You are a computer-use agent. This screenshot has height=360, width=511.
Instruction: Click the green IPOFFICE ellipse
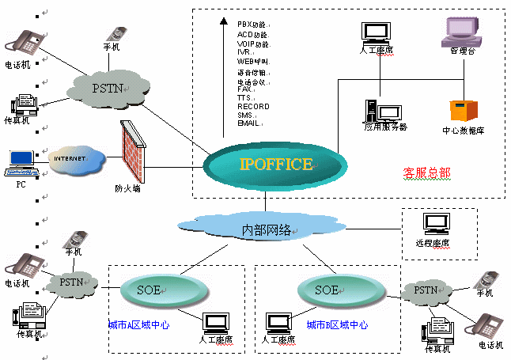[x=275, y=165]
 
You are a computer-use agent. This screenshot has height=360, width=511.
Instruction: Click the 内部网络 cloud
[x=267, y=229]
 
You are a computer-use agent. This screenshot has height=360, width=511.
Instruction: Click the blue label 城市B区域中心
[x=337, y=324]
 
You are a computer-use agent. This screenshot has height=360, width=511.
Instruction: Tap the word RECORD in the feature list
[x=253, y=106]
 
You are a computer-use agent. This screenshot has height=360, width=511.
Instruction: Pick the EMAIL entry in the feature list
[x=249, y=123]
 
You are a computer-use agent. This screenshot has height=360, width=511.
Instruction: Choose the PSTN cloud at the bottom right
[x=424, y=291]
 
